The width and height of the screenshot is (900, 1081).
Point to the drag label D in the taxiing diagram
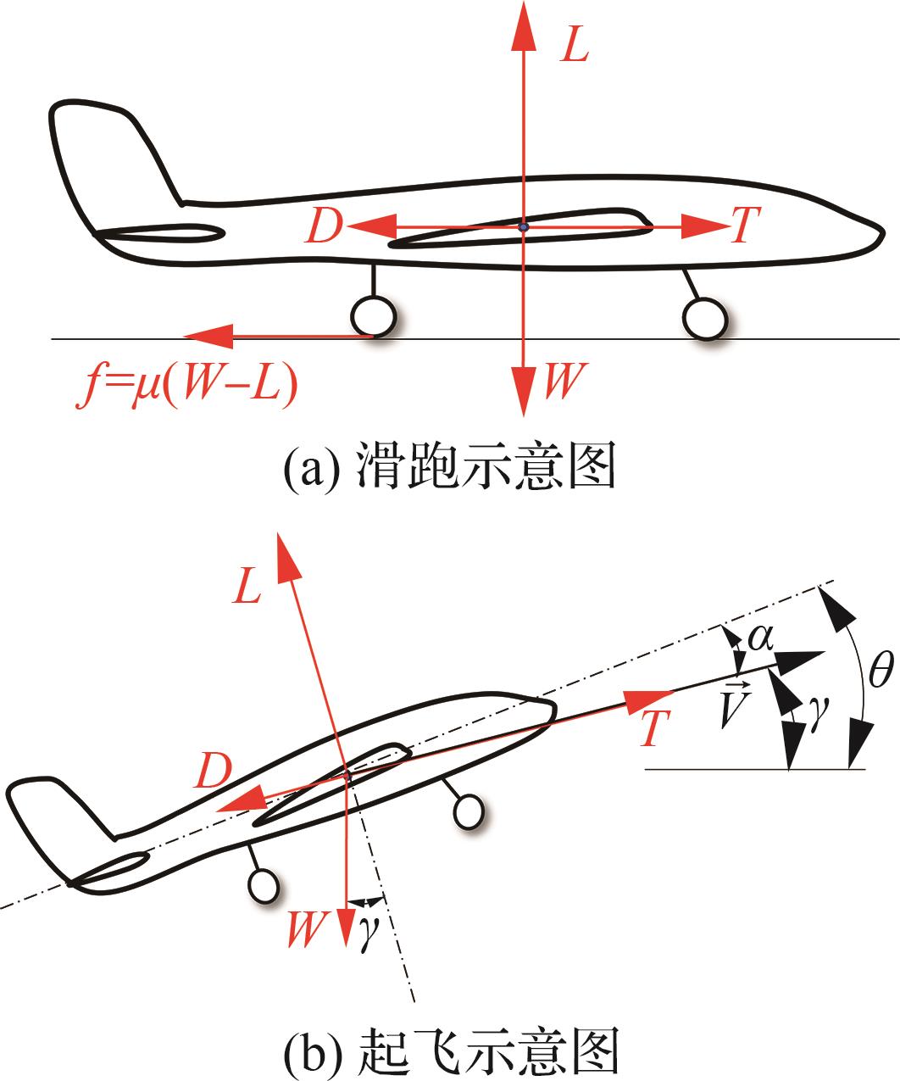[323, 228]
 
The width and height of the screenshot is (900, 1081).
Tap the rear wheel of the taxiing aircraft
[373, 315]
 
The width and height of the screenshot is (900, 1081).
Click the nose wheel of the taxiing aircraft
[705, 319]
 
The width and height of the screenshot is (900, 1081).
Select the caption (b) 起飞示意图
[449, 1050]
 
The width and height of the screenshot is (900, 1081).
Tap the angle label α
[759, 637]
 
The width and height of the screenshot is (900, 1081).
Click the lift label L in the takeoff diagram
[247, 589]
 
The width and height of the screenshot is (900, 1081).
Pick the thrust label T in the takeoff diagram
[654, 729]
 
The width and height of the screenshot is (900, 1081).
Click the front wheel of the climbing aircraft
[469, 811]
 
